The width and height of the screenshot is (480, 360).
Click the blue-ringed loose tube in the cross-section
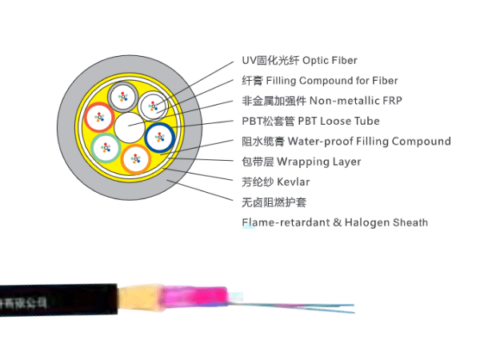click(160, 137)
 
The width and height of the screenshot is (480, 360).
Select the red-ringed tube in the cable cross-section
click(99, 118)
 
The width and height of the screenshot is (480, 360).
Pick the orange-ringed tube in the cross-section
click(134, 158)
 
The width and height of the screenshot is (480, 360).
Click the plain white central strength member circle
click(129, 127)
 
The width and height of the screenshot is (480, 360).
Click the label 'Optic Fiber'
click(329, 61)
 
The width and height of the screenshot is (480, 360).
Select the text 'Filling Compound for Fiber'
click(331, 81)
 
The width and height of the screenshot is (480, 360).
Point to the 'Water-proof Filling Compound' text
click(369, 142)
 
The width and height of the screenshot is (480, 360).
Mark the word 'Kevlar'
click(293, 182)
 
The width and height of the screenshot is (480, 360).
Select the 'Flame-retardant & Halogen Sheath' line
click(334, 222)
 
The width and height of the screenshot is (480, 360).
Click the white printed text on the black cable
click(24, 303)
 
